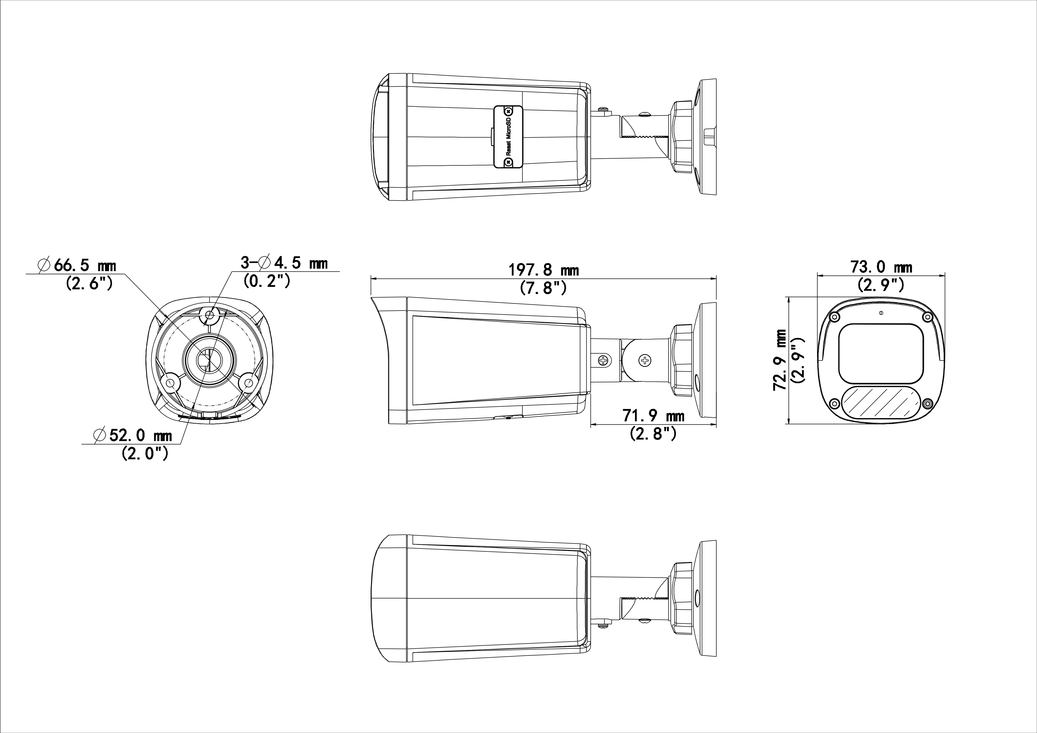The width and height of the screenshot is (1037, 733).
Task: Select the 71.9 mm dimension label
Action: point(654,416)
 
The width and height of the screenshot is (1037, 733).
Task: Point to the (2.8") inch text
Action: point(653,433)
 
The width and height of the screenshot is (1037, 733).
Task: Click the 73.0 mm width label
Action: point(881,267)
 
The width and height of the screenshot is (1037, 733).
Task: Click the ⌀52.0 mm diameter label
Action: point(133,435)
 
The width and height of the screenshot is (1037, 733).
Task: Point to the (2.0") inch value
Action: point(145,453)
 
